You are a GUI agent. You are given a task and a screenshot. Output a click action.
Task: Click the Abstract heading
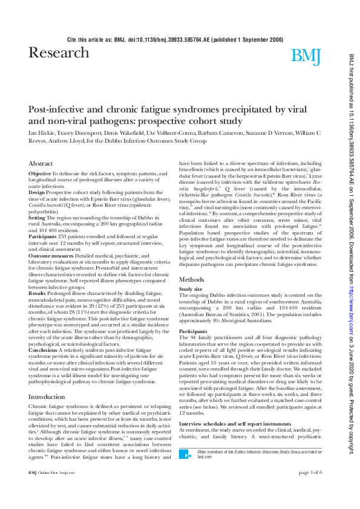[x=41, y=164]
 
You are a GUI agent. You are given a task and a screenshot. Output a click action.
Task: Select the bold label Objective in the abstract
[x=40, y=173]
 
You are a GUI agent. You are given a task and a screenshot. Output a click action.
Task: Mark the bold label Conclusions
[x=42, y=350]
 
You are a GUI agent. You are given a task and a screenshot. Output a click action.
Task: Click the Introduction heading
[x=47, y=397]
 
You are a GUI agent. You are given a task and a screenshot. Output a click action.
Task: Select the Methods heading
[x=192, y=279]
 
